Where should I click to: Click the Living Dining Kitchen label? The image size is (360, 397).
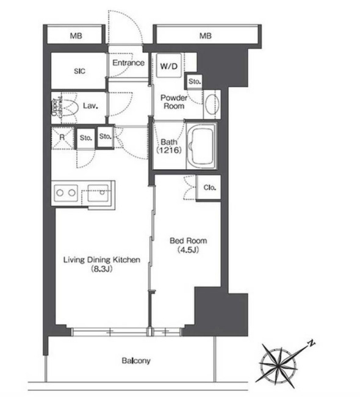pos(101,260)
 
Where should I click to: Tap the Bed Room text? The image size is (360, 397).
pos(188,241)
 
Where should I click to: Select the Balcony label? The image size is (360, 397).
pos(136,360)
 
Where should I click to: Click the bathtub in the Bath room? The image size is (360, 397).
pos(201,146)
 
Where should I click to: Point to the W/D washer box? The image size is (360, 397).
pos(169,65)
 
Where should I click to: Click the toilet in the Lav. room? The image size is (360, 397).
pos(68,107)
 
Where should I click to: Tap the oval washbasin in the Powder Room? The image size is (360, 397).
pos(212,104)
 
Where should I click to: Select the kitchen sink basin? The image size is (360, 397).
pos(98,193)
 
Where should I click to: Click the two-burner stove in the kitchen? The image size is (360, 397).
pos(66,193)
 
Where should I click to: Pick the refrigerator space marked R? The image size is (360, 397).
pos(62,137)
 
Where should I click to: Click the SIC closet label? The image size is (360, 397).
pos(79,71)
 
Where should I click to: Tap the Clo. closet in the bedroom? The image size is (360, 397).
pos(209,188)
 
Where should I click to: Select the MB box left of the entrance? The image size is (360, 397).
pos(76,35)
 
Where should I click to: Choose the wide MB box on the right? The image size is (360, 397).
pos(206,35)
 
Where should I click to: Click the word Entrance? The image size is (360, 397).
pos(129,63)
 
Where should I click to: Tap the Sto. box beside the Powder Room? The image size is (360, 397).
pos(194,81)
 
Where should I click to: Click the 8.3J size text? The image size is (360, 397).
pos(102,269)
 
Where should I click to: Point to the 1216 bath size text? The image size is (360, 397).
pos(169,150)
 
